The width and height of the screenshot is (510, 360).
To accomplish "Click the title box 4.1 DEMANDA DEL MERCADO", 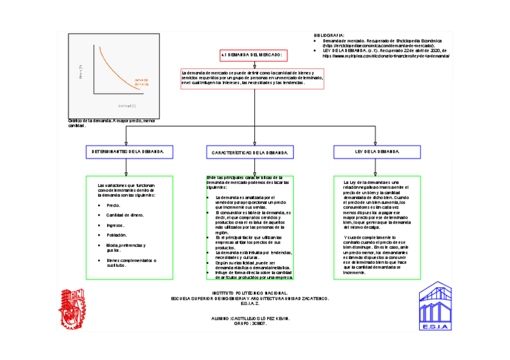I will tap(256, 56).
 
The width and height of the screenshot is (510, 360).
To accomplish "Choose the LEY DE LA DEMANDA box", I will tap(377, 151).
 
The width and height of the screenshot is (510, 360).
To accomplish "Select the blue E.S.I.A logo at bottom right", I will tap(434, 307).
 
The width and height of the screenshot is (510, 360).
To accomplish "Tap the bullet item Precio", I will tap(113, 206).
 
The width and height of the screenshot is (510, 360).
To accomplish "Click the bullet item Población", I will tap(117, 235).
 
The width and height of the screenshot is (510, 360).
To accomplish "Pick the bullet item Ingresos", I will tap(115, 225).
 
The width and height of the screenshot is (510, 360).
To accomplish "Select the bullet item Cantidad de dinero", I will tap(124, 215).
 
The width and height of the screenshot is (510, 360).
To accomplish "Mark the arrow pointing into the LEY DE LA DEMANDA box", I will tap(377, 141).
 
